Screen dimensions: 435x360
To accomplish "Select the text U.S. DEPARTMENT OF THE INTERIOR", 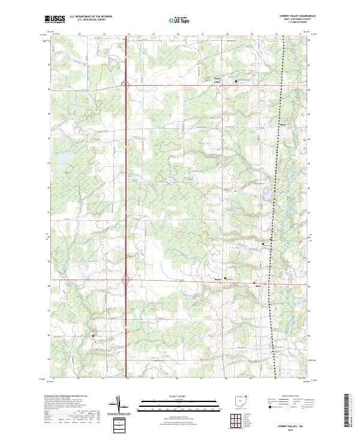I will click(x=91, y=17).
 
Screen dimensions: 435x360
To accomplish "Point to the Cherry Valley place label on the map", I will click(x=217, y=79).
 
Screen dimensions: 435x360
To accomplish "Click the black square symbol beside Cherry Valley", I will click(x=236, y=81).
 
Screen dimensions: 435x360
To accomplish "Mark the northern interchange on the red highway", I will click(x=127, y=86).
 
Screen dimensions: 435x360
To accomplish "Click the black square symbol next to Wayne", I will click(x=226, y=278).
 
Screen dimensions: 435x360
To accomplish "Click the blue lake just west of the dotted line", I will click(x=265, y=195).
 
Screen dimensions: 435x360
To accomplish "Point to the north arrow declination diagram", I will click(x=119, y=403).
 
